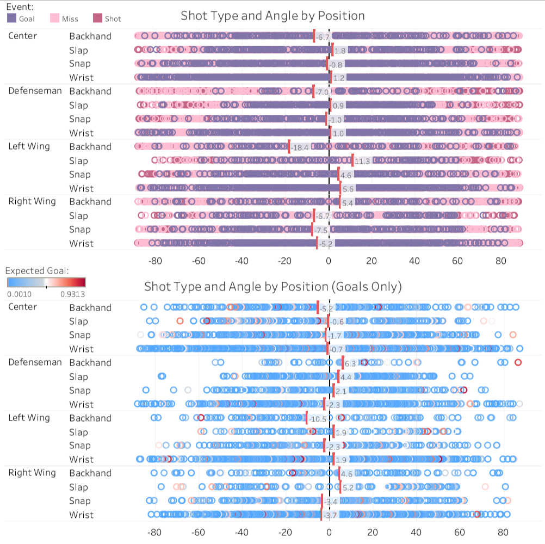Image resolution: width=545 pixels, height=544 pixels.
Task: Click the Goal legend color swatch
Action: tap(12, 18)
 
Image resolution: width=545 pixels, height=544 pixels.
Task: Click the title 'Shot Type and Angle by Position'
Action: tap(272, 16)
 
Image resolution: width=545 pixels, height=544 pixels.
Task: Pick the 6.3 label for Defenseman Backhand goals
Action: tap(350, 363)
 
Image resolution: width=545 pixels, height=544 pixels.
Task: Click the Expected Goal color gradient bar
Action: tap(46, 282)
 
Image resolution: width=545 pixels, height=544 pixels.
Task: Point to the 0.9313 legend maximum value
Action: tap(71, 294)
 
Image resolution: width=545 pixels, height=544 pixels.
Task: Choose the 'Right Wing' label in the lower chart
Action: tap(32, 472)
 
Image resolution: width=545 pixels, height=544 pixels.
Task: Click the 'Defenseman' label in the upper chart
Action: tap(35, 90)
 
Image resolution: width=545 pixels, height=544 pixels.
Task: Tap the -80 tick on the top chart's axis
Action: tap(156, 261)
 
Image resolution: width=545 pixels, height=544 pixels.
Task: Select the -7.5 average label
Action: tap(321, 230)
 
